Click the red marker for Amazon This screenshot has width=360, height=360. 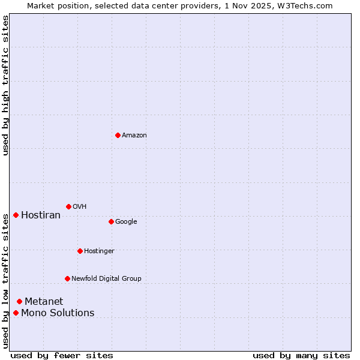118,135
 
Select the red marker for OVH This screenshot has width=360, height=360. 68,206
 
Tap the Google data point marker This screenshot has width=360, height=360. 111,221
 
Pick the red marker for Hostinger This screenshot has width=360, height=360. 80,251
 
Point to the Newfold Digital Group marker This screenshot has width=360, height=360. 67,278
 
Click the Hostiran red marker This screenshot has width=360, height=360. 16,215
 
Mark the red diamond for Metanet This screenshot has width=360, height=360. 19,301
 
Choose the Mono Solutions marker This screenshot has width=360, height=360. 16,313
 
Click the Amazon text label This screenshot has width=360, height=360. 134,136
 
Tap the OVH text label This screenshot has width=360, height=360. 80,207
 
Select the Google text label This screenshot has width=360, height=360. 126,222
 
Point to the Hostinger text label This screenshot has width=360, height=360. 99,251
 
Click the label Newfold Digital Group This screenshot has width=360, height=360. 106,279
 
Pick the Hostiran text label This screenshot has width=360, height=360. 41,215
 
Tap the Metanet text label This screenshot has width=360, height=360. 44,302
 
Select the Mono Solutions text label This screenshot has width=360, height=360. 58,313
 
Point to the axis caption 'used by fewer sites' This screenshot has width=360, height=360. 62,356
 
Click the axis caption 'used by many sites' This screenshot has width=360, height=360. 301,356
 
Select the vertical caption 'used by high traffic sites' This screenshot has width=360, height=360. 5,85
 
